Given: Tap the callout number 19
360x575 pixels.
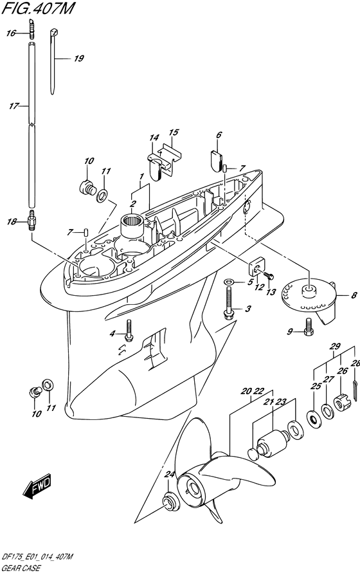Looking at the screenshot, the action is [79, 59].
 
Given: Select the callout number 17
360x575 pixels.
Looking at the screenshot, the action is [14, 106].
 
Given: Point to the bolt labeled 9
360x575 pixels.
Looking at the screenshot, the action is [309, 327].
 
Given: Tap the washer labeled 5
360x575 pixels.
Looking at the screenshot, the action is [229, 281].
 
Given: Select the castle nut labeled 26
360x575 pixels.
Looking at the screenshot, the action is [343, 403].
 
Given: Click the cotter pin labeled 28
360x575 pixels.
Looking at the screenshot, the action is [357, 389].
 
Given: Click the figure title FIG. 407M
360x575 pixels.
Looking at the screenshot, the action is [38, 8].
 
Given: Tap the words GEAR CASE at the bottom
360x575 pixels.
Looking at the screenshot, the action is [21, 569].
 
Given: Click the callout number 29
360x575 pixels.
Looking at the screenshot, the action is [335, 346].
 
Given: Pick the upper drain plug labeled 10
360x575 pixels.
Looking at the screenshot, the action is [88, 187].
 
